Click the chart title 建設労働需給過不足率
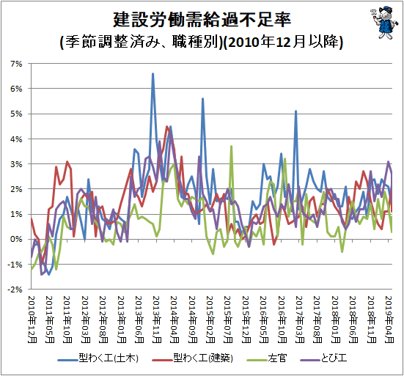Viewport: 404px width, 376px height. click(202, 20)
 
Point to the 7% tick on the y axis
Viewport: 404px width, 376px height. click(16, 64)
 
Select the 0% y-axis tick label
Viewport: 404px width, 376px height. click(16, 239)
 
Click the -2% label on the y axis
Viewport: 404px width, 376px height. click(15, 290)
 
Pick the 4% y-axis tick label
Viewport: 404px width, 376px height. click(16, 139)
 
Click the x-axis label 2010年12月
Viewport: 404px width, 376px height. click(32, 320)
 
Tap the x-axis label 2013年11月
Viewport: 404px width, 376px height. click(157, 320)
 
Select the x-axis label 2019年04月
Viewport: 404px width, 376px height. click(389, 320)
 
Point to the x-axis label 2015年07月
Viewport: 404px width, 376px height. click(228, 320)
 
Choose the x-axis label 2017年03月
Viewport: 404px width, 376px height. click(300, 320)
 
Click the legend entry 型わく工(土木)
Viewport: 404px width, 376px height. click(98, 358)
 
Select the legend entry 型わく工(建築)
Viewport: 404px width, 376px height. click(192, 358)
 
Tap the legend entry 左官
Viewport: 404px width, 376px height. click(267, 358)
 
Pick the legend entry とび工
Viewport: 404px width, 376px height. click(323, 358)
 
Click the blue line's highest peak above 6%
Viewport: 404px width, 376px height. click(153, 73)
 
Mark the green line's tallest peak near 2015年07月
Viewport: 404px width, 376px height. click(232, 147)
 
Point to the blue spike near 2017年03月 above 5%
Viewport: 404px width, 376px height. click(295, 111)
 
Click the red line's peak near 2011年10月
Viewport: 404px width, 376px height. click(67, 162)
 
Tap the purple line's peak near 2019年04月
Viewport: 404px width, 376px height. click(389, 162)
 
